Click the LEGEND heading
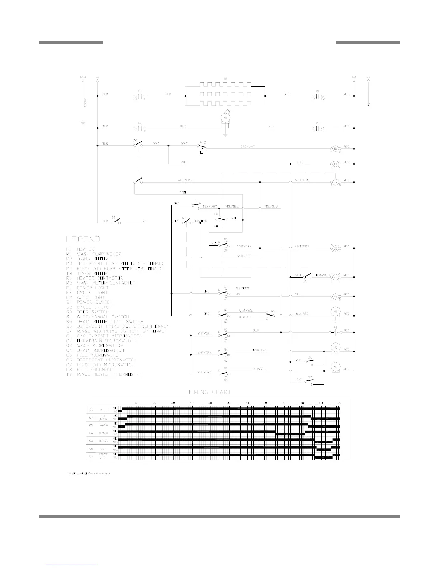(x=83, y=239)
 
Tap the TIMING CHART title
(x=209, y=392)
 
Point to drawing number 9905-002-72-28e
(x=89, y=473)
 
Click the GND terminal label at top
(x=83, y=77)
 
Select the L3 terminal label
(x=368, y=77)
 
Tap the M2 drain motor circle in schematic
(x=336, y=312)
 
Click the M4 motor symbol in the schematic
(x=336, y=366)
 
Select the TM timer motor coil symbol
(x=336, y=182)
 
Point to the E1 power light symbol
(x=336, y=164)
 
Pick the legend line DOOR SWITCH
(x=93, y=312)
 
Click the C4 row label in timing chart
(x=91, y=432)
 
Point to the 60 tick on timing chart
(x=228, y=403)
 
